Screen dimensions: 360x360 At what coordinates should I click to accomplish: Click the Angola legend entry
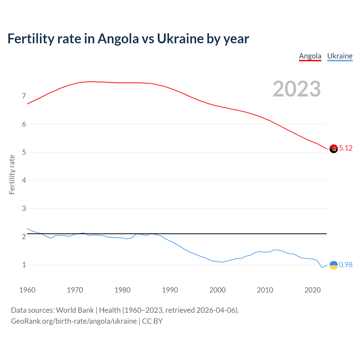coord(310,56)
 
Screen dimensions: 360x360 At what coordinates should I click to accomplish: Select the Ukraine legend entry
coord(340,56)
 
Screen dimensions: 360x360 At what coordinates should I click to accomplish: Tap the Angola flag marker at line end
coord(334,148)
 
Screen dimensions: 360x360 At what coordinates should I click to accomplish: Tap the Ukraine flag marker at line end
coord(334,265)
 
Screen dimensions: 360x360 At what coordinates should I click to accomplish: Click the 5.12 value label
coord(346,148)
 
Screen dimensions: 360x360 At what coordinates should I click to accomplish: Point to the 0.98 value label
coord(346,265)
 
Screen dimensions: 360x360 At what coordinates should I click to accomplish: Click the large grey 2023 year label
coord(296,89)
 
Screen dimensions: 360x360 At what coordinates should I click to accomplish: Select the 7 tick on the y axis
coord(24,96)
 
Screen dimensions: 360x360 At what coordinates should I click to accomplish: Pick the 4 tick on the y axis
coord(24,181)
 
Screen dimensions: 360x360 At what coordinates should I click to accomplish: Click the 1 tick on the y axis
coord(24,265)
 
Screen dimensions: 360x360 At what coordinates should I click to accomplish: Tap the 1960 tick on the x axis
coord(27,290)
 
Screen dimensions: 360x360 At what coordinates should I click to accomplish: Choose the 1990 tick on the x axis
coord(170,290)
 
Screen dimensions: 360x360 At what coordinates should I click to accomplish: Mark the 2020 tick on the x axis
coord(312,290)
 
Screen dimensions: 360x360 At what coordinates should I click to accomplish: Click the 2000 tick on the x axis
coord(217,290)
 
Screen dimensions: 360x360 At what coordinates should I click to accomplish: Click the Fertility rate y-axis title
coord(12,174)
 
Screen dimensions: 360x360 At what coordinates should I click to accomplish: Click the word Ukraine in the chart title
coord(180,39)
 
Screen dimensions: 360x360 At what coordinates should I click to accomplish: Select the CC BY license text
coord(152,321)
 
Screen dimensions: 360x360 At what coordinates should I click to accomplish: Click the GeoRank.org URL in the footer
coord(74,321)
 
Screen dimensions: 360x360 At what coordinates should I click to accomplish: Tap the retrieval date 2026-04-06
coord(216,310)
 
